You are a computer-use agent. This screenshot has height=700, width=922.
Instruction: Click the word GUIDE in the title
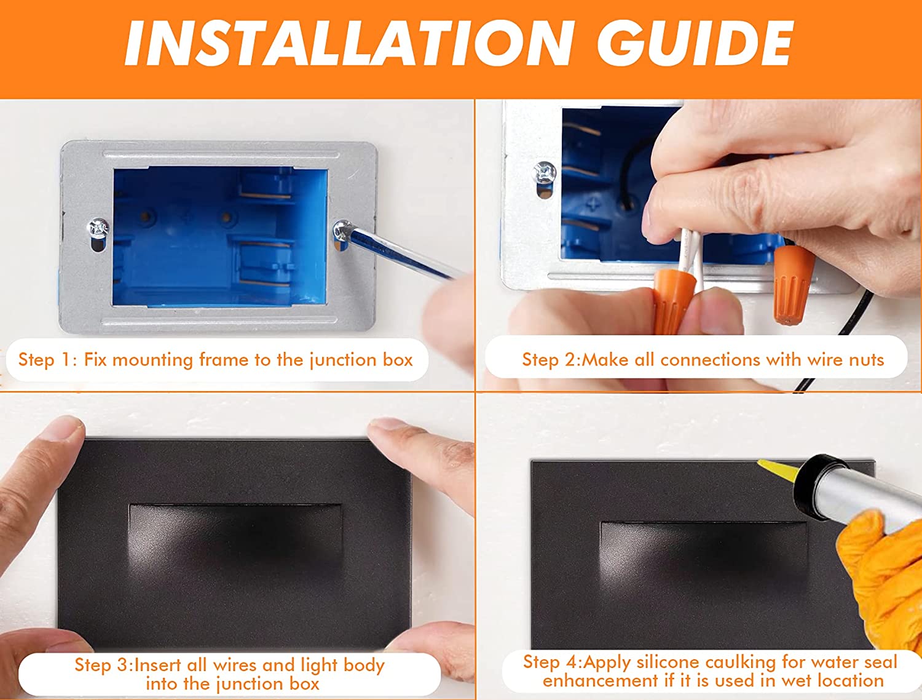[695, 44]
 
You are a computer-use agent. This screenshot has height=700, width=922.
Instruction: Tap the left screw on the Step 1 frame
[98, 229]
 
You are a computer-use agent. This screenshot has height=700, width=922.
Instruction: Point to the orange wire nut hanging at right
[793, 285]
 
